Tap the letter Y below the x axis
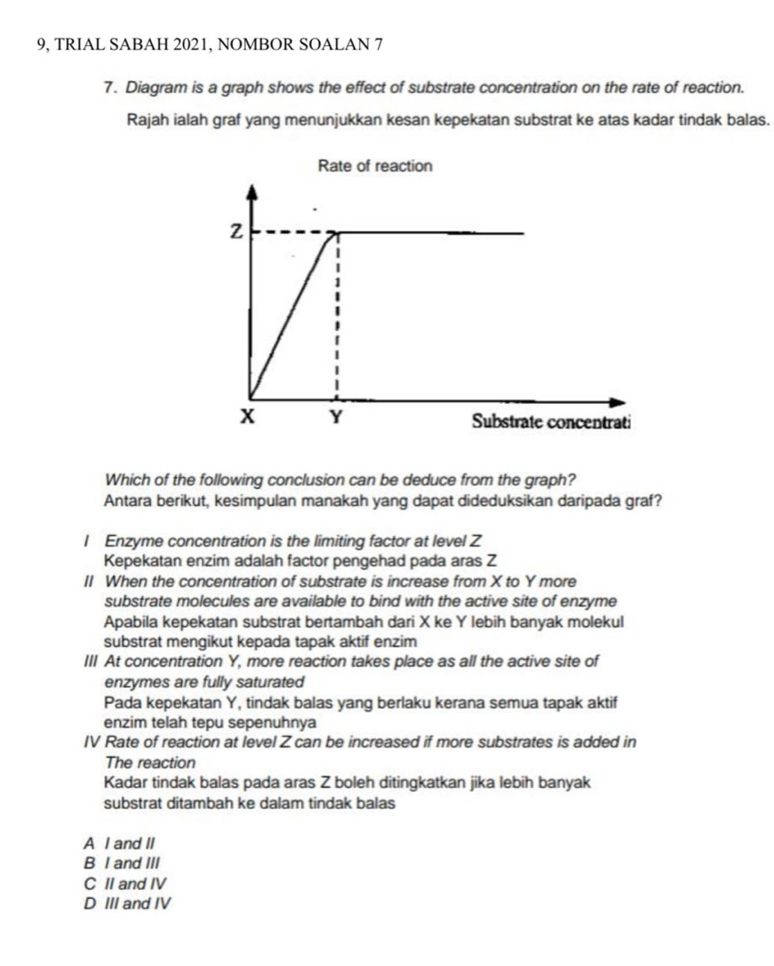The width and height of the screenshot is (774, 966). coord(335,418)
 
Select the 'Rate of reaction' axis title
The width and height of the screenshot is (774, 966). coord(375,166)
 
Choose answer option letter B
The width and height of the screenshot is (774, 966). coord(89,863)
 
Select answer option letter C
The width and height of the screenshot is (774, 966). coord(89,882)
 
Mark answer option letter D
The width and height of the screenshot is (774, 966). coord(89,902)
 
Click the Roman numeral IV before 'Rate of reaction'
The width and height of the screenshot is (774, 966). coord(90,743)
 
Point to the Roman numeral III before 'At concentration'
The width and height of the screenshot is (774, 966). coord(90,661)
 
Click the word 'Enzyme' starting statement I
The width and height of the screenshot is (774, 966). coord(130,541)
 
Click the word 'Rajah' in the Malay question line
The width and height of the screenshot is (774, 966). coord(146,118)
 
